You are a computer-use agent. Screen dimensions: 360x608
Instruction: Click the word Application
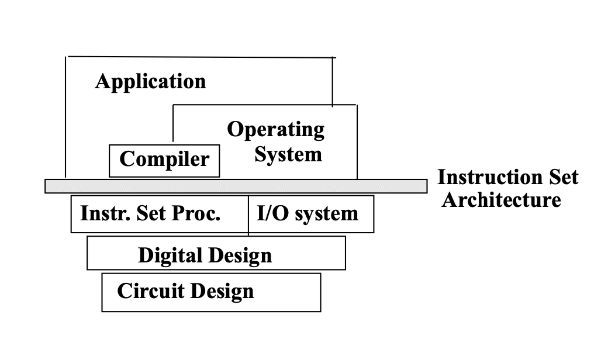tap(150, 81)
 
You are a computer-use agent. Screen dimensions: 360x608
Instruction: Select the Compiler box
tap(164, 160)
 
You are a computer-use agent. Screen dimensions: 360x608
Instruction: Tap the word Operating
tap(276, 130)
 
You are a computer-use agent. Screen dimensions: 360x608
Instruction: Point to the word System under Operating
tap(288, 155)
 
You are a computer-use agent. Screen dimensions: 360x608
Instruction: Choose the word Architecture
tap(501, 200)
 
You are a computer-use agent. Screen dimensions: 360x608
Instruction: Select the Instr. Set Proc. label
tap(150, 213)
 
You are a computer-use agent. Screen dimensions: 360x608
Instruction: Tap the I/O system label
tap(308, 213)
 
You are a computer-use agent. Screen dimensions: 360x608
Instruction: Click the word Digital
tap(170, 255)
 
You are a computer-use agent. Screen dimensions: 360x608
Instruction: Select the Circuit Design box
tap(211, 292)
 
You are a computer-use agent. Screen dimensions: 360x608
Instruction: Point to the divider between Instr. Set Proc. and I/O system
tap(248, 214)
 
